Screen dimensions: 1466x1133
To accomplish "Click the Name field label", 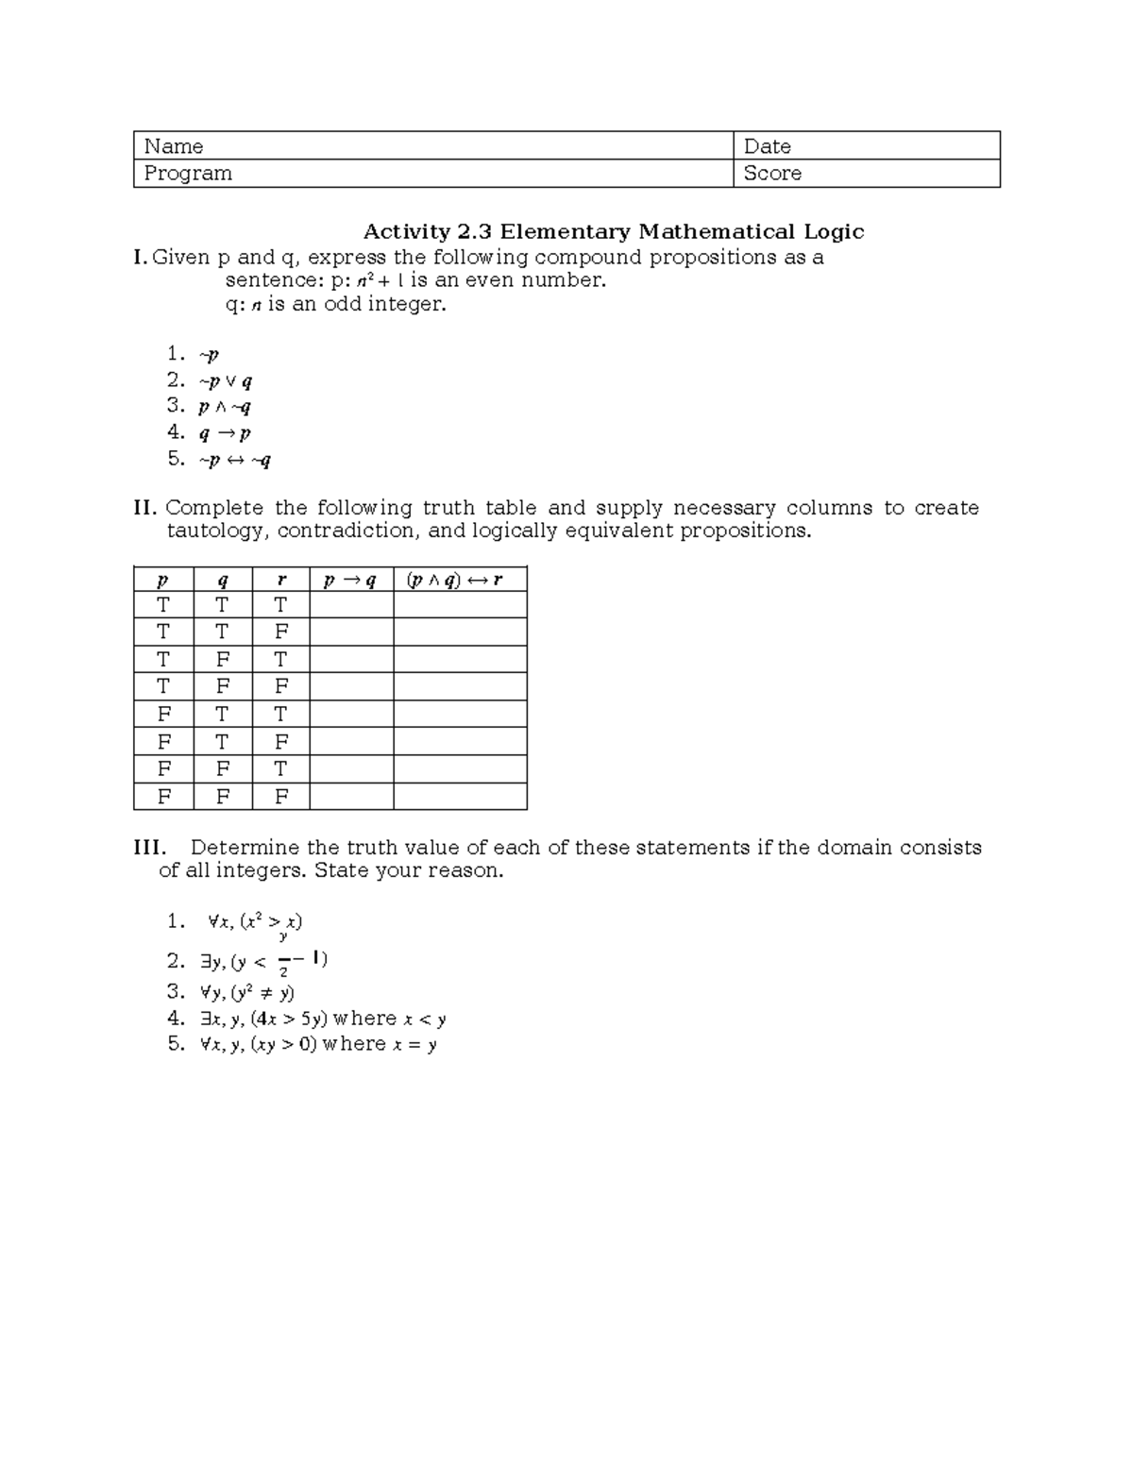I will pyautogui.click(x=174, y=146).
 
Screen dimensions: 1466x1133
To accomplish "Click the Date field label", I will pyautogui.click(x=767, y=146).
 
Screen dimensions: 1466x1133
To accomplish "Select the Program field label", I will pyautogui.click(x=188, y=174).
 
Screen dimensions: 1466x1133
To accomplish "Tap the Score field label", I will pyautogui.click(x=772, y=174).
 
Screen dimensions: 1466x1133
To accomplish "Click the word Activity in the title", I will pyautogui.click(x=407, y=232).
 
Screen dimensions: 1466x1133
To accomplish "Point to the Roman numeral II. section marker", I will pyautogui.click(x=145, y=509).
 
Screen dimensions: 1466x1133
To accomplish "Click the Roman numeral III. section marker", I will pyautogui.click(x=150, y=848).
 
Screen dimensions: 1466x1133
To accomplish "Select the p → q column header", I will pyautogui.click(x=350, y=581).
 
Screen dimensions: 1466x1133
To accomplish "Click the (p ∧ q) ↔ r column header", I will pyautogui.click(x=459, y=581).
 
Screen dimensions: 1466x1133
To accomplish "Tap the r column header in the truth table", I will pyautogui.click(x=280, y=581).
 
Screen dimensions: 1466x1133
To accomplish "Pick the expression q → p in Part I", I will pyautogui.click(x=225, y=433).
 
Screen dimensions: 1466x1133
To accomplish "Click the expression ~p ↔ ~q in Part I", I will pyautogui.click(x=234, y=461).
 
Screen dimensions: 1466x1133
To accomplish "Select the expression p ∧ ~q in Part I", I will pyautogui.click(x=225, y=407).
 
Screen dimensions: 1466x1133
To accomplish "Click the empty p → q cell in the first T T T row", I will pyautogui.click(x=350, y=605).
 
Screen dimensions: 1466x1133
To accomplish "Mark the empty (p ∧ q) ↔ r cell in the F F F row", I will pyautogui.click(x=459, y=797).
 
